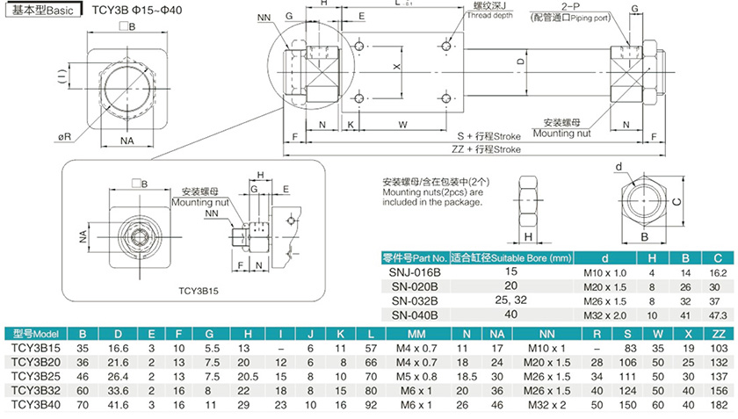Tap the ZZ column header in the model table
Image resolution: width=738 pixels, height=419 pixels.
click(x=718, y=334)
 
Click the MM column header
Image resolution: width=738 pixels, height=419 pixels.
click(x=416, y=334)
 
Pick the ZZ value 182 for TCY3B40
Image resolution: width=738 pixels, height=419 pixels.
click(x=718, y=404)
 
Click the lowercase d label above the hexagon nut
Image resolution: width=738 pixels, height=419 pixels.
click(x=619, y=166)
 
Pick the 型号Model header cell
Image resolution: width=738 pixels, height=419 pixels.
click(x=35, y=334)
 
